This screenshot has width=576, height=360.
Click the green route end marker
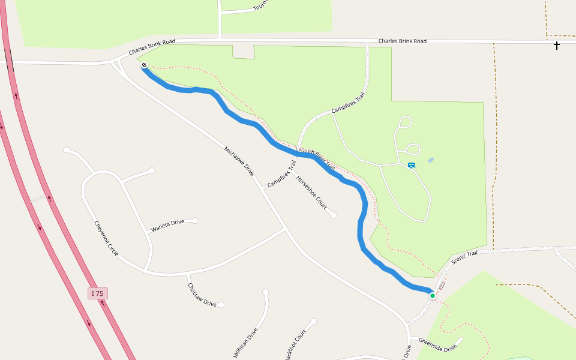point(432,295)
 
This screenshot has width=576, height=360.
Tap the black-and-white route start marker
point(145,65)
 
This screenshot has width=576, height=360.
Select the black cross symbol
point(557,45)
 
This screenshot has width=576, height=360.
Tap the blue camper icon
point(412,165)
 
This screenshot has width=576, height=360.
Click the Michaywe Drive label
point(239,161)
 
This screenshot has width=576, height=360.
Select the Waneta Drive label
point(167,226)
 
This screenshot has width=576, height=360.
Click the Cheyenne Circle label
point(106,239)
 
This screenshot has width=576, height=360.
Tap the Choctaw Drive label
point(202,295)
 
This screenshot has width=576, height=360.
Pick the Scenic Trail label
point(464,257)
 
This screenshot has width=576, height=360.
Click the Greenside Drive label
point(437,344)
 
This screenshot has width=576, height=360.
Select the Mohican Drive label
point(245,343)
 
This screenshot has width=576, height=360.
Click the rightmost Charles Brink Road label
point(402,41)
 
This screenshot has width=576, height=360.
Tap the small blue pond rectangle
point(431,160)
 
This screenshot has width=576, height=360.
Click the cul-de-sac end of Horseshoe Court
point(333,215)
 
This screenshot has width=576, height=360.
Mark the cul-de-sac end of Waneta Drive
point(194,220)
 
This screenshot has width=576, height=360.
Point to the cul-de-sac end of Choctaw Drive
point(221,305)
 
